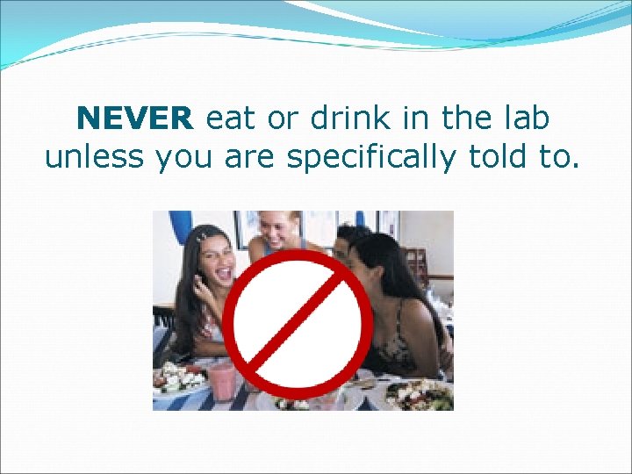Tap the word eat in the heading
231,118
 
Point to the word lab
524,118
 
